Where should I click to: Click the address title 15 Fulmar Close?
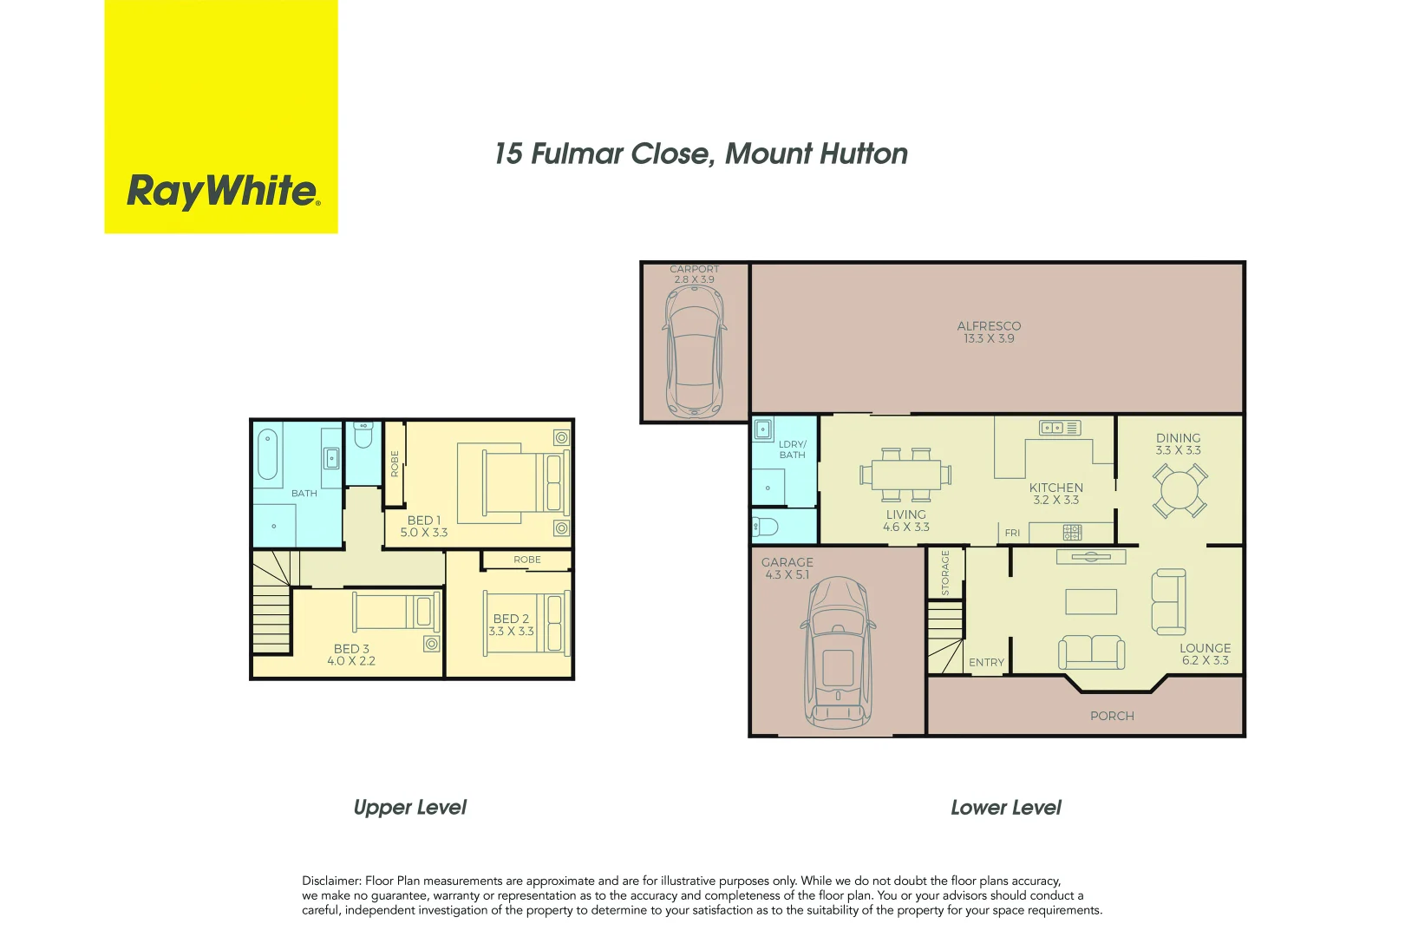click(x=701, y=154)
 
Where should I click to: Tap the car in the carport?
click(x=694, y=351)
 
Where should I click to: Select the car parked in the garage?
click(x=838, y=652)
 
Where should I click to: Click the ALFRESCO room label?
click(x=989, y=326)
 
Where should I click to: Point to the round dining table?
click(x=1179, y=491)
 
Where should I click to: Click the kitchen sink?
click(x=1052, y=428)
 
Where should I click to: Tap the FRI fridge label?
click(x=1012, y=533)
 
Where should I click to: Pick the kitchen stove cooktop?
click(x=1073, y=532)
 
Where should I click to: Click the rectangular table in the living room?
click(x=905, y=475)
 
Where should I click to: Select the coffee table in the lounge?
click(x=1091, y=601)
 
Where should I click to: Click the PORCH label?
click(x=1112, y=716)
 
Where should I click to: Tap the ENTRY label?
click(x=986, y=662)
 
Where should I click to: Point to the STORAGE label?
click(x=945, y=573)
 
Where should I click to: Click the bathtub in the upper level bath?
click(x=268, y=454)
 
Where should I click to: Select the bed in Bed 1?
click(x=513, y=482)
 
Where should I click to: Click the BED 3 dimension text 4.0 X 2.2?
click(x=351, y=661)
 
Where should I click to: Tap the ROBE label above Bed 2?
click(x=526, y=560)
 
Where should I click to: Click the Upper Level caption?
click(x=409, y=808)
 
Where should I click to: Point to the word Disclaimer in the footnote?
click(x=330, y=881)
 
